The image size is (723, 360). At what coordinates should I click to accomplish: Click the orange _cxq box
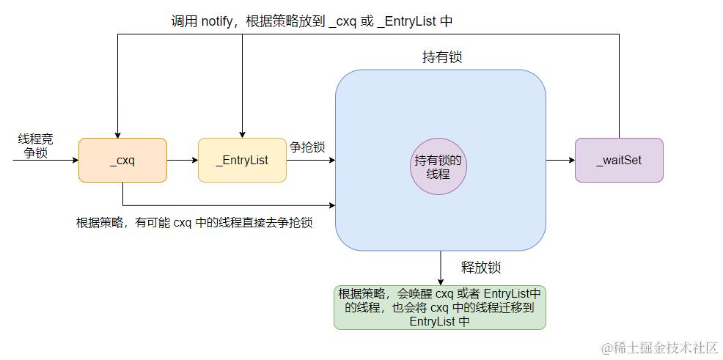(122, 160)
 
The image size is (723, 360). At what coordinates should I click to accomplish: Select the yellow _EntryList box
(242, 160)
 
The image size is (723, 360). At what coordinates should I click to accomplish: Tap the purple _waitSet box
(619, 160)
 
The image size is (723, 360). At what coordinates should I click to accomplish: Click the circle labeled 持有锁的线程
(438, 168)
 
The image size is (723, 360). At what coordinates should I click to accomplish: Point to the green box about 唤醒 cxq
(440, 307)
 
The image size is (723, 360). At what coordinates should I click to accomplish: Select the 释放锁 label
(480, 267)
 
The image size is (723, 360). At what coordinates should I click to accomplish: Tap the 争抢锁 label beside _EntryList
(307, 147)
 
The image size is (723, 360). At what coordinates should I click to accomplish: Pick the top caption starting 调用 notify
(312, 21)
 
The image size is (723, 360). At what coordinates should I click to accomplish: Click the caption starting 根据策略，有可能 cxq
(194, 223)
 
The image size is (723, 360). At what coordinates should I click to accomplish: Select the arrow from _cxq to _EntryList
(182, 160)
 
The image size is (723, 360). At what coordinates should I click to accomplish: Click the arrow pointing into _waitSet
(560, 160)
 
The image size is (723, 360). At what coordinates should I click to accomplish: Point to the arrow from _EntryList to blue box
(310, 160)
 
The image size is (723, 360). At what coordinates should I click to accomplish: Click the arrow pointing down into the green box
(441, 268)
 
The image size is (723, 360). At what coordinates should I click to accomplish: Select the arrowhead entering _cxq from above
(117, 133)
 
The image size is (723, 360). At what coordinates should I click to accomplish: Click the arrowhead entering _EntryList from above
(242, 133)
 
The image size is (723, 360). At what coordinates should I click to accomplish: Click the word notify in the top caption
(219, 21)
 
